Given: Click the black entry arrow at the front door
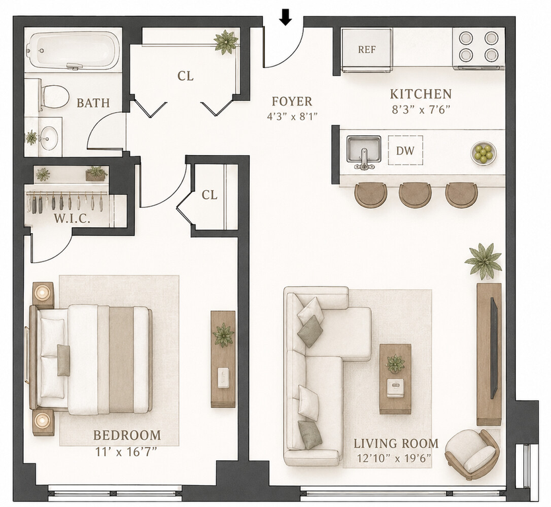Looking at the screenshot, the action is (x=286, y=18).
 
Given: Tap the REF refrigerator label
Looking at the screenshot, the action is (x=367, y=50).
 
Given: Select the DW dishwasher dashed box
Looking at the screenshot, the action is (x=405, y=151).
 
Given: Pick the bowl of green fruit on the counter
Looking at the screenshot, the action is (x=484, y=152).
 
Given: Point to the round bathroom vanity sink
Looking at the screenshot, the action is (x=49, y=138).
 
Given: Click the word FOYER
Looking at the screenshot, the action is (x=292, y=102).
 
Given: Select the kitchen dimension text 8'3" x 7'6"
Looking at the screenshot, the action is (x=421, y=110).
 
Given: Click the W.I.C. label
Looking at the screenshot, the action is (x=72, y=219).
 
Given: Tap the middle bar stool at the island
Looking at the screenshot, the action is (x=416, y=195).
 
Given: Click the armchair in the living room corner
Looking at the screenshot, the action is (x=472, y=450).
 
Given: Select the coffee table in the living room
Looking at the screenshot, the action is (x=395, y=379).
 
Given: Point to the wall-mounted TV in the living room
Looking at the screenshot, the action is (x=494, y=348).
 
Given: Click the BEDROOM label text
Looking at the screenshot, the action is (x=127, y=436).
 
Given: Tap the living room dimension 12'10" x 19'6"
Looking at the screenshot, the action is (x=394, y=458).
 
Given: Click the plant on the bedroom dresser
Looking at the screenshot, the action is (x=223, y=335).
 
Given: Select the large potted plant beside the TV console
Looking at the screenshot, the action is (x=484, y=261).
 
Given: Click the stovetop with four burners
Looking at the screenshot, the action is (x=478, y=48).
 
